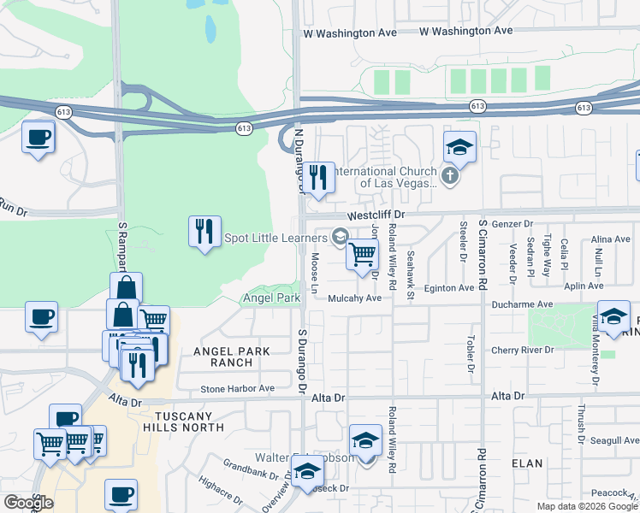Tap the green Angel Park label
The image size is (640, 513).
pos(272,298)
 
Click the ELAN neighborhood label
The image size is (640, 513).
pos(527,463)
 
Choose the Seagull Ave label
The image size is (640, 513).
pos(613,440)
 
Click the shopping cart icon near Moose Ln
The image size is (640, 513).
pos(362,253)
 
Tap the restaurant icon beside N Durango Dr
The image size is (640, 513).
pos(319,178)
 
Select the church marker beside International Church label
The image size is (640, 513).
pos(452,177)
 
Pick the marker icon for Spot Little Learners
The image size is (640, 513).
pos(340,237)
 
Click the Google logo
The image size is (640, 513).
pos(27,503)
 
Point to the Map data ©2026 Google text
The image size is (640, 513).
pos(587,506)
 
